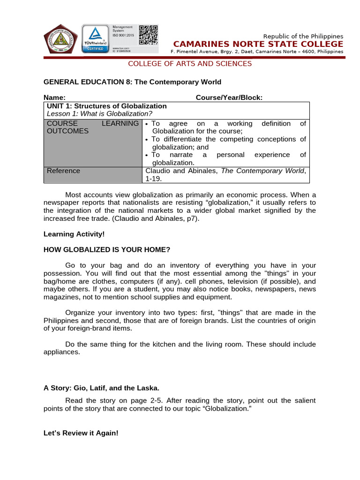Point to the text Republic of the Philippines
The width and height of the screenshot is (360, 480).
[303, 36]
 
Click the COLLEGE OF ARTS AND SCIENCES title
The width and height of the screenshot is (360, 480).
[190, 64]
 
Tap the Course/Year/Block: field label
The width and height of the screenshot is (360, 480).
[229, 97]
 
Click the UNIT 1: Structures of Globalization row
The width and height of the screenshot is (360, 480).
[107, 106]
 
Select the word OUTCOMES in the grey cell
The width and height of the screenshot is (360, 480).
[67, 131]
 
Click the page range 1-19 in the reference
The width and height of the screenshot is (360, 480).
[153, 179]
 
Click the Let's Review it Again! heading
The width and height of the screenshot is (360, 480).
[81, 434]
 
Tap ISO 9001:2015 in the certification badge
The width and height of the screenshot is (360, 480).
[123, 35]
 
